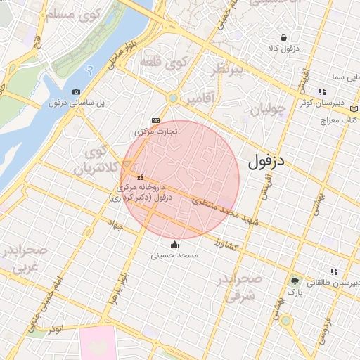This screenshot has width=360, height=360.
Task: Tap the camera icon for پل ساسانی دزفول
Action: coord(76,91)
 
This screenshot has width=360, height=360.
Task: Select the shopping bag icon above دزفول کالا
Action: coord(283,37)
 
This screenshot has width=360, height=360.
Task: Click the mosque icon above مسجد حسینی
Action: coord(174,245)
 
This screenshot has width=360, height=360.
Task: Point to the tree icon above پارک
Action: coord(294,281)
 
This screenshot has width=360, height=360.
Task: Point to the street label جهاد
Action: coord(115,226)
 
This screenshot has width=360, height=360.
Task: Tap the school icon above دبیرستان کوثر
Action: coord(322,91)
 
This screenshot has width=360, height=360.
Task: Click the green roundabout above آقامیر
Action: coord(172,99)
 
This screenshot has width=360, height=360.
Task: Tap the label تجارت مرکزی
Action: coord(156,131)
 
